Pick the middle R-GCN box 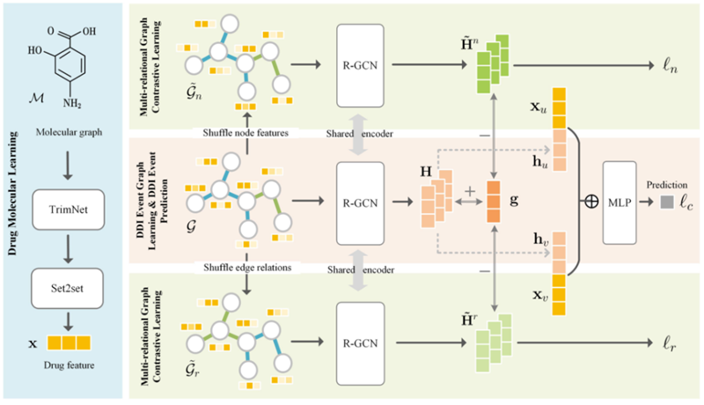coord(361,202)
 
